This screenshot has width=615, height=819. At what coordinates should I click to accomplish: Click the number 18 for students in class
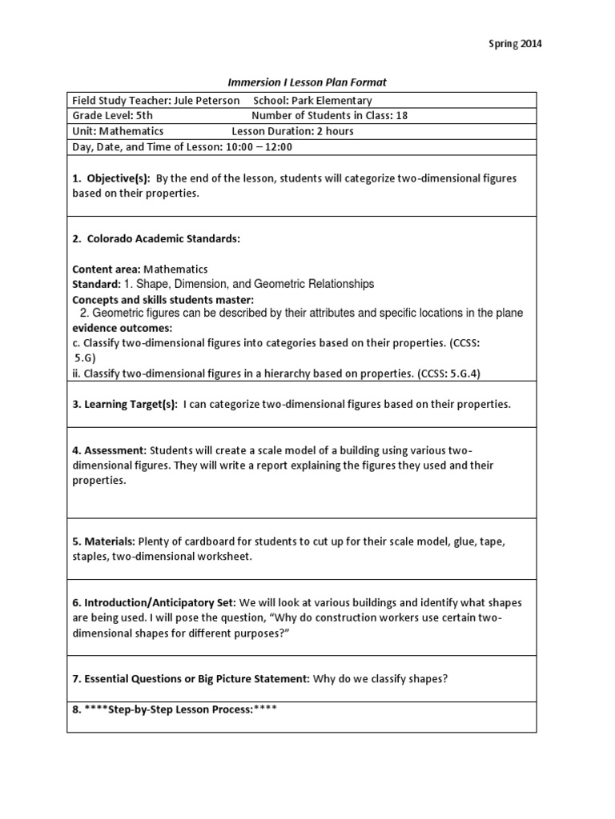pos(401,116)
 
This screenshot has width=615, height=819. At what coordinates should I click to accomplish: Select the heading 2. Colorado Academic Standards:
pos(156,239)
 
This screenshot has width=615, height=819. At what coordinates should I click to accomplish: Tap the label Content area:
pos(105,270)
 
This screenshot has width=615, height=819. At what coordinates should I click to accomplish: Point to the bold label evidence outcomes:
pos(123,328)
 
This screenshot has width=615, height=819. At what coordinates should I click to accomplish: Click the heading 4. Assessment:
pos(110,451)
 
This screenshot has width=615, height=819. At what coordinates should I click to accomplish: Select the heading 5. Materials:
pos(106,542)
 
